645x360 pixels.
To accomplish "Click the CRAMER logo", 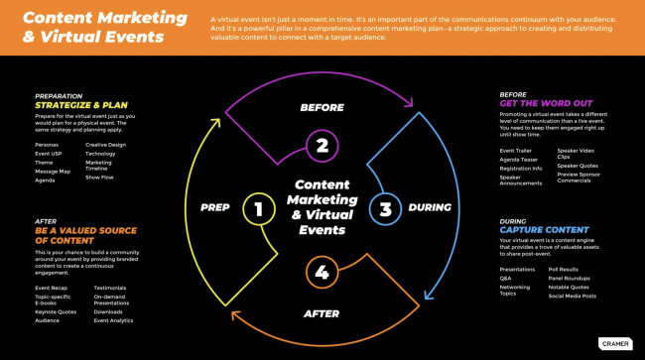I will coord(614,343).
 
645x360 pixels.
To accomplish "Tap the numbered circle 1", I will coord(258,209).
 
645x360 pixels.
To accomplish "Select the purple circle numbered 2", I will coord(322,147).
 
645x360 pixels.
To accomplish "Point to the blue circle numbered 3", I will coord(385,209).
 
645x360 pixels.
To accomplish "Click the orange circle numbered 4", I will coord(322,272).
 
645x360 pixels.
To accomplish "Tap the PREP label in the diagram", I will coord(215,208).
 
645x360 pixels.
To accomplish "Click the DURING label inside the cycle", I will coord(430,208).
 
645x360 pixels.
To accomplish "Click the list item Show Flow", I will coord(100,178).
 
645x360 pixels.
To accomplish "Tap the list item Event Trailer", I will coord(514,151).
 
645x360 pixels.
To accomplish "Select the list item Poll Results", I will coord(564,269).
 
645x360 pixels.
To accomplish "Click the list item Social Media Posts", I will coord(573,296).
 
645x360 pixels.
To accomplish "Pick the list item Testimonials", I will coord(109,288).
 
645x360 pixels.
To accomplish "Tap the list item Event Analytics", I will coord(113,320).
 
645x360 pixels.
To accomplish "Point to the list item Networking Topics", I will coord(514,290).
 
